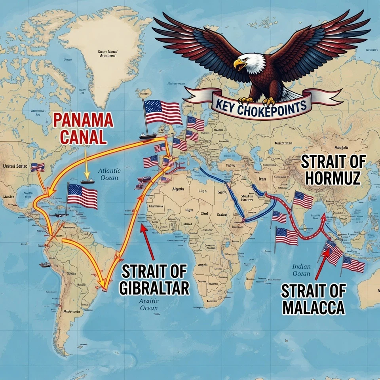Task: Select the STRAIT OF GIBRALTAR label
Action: click(x=154, y=280)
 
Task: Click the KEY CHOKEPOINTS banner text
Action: click(x=261, y=106)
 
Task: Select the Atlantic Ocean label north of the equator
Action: click(x=109, y=174)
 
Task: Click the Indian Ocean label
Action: click(x=302, y=270)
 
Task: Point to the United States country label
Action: click(x=15, y=166)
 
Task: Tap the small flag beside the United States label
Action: click(x=38, y=167)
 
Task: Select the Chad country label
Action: click(x=204, y=213)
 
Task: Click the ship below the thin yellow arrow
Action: click(x=87, y=181)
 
